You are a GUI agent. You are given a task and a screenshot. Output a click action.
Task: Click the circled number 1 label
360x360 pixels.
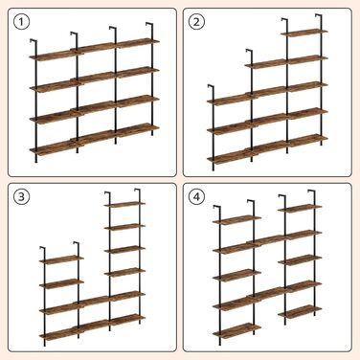point(21,22)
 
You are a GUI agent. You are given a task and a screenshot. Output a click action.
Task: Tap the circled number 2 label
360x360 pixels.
point(196,22)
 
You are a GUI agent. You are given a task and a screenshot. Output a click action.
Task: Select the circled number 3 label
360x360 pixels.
point(21,197)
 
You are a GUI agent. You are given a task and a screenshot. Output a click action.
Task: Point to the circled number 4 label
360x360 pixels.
point(196,197)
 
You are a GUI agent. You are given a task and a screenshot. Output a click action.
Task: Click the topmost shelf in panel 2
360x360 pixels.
point(304,33)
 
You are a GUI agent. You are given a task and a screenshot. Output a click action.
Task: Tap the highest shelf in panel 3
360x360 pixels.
point(124,204)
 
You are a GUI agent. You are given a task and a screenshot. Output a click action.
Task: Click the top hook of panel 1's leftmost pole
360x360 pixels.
point(34,41)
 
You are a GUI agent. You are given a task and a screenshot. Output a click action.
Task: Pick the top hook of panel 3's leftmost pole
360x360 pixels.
point(43,248)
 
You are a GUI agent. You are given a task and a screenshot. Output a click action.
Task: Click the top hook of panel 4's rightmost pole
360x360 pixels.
point(311,191)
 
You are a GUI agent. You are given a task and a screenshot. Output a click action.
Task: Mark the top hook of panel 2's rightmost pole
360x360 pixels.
point(319,16)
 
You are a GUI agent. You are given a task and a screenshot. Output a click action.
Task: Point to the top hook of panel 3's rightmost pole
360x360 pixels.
point(137,191)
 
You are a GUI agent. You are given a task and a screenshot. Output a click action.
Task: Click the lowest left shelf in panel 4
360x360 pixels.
point(236,330)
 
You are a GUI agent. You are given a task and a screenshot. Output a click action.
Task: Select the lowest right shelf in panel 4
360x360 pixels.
point(300,312)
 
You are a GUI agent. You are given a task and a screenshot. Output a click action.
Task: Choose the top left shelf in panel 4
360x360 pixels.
point(236,220)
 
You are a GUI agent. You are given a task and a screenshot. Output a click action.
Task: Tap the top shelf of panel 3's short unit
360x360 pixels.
point(61,259)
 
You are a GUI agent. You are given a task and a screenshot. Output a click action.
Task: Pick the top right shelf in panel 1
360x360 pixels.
point(137,43)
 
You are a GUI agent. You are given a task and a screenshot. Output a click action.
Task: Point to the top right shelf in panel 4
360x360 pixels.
point(300,208)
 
